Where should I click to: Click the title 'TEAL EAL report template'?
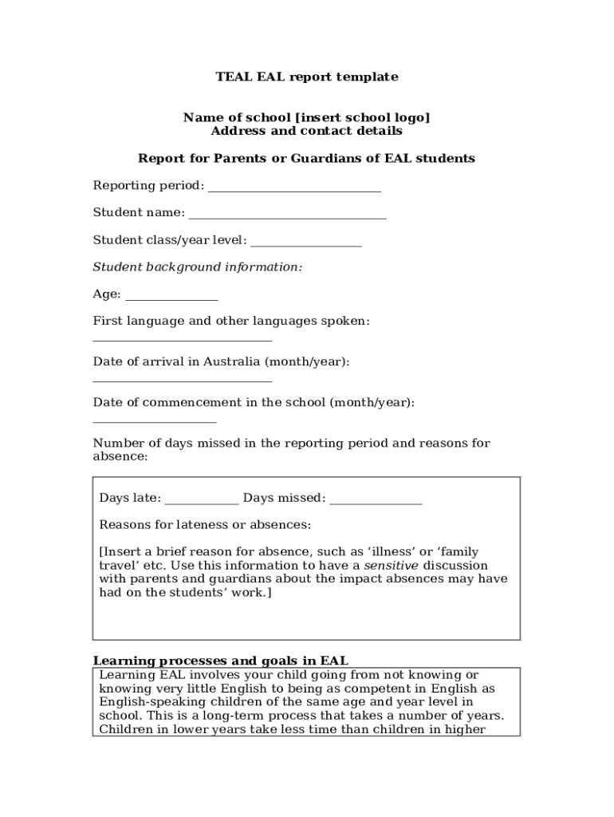pos(306,77)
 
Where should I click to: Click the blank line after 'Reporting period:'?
pos(293,189)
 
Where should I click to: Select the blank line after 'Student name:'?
pos(287,216)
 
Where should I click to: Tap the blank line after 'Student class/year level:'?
pos(306,243)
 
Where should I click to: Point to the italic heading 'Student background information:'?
pos(198,267)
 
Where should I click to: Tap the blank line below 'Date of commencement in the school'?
pos(155,420)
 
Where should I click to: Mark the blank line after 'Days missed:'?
pos(375,502)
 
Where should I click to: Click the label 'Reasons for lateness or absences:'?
pos(205,525)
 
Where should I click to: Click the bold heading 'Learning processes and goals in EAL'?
pos(221,661)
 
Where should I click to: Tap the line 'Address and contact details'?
pos(306,131)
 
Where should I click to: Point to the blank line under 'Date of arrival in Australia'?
pos(183,380)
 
